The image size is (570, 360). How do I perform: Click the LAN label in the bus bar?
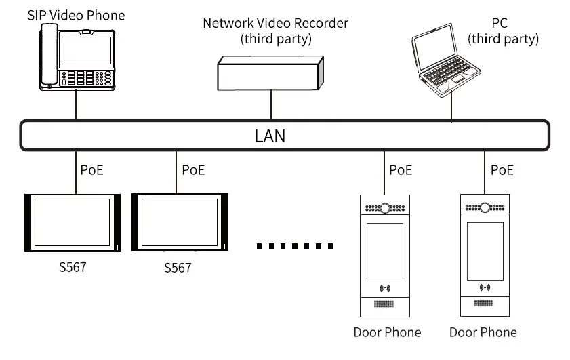tap(270, 136)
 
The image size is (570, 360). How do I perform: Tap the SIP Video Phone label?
tap(76, 16)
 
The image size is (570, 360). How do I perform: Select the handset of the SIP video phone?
tap(49, 54)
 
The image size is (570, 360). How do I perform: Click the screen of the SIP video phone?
tap(86, 50)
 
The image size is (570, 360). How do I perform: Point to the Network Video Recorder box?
tap(270, 73)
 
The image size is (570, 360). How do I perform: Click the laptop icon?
tap(446, 60)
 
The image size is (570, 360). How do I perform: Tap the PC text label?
tap(500, 23)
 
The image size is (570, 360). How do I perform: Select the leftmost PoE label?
tap(92, 170)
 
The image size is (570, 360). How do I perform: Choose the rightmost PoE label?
tap(502, 170)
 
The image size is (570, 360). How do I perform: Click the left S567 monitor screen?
tap(72, 222)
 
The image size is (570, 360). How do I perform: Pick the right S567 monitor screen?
tap(180, 222)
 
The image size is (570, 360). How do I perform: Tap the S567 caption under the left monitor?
tap(73, 267)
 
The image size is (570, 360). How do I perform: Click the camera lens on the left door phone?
tap(385, 208)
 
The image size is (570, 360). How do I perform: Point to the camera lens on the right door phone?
tap(485, 207)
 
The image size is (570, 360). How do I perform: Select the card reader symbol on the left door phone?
tap(385, 288)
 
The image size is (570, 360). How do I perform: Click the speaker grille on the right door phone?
tap(484, 303)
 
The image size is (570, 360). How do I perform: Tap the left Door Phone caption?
tap(387, 332)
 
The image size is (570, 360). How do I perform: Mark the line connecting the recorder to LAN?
tap(271, 104)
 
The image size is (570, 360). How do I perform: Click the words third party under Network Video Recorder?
tap(276, 39)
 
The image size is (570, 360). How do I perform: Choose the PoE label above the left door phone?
tap(401, 170)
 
